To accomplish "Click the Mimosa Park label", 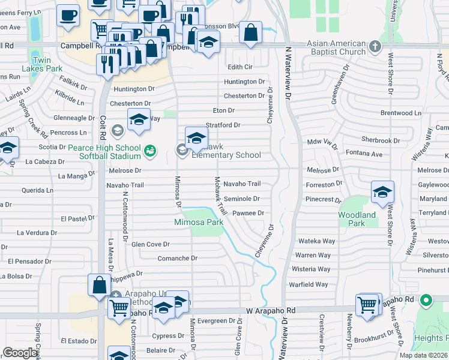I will pos(199,222).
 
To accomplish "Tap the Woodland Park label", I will pos(357,219).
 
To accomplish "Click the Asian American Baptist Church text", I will pos(336,47).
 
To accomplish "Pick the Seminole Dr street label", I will pos(241,199).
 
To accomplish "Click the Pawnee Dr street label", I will pos(249,213).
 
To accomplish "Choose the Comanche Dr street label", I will pos(177,258).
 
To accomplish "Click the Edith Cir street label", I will pos(240,67).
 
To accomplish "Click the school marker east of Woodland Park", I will pos(382,192).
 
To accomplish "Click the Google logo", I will pos(20,353).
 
